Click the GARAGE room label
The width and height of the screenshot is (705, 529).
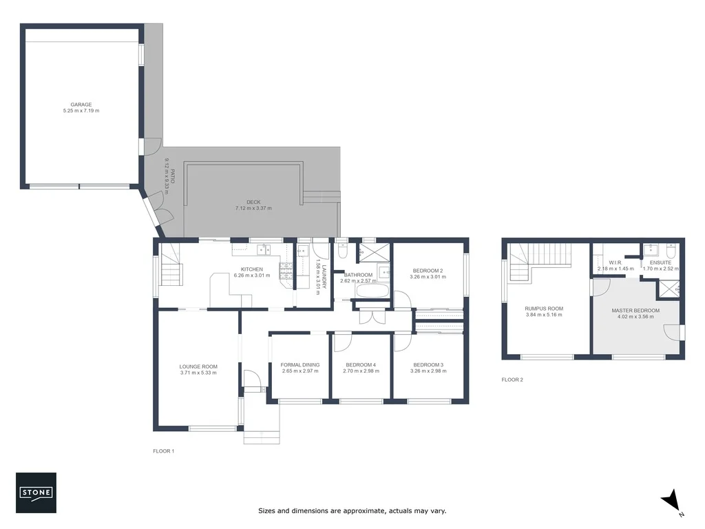[x=81, y=105]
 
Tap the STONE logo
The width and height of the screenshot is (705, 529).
[x=36, y=492]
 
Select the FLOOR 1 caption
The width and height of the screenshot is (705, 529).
[x=164, y=451]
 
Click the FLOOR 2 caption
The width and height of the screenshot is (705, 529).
[x=512, y=380]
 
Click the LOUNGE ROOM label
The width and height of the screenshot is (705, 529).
[x=198, y=366]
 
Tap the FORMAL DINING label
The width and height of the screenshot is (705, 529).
[x=300, y=364]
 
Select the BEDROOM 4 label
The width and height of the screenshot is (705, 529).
[x=360, y=364]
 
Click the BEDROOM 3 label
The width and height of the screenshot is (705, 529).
[x=428, y=364]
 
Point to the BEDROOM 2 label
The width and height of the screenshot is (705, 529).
[x=428, y=271]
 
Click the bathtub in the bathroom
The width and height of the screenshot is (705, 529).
[x=372, y=292]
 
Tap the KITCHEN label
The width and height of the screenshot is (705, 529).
[x=251, y=269]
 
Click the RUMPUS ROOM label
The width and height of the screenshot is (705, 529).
[x=544, y=309]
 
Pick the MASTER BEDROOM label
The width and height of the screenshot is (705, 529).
[x=635, y=311]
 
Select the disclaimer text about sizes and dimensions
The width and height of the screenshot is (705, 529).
[x=352, y=511]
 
